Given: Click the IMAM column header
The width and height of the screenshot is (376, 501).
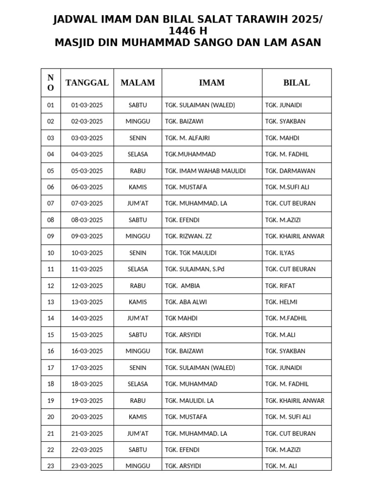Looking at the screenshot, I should point(211,83).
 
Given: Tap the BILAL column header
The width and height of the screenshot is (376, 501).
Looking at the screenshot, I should point(296,83).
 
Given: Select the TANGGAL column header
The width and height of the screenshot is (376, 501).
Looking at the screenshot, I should point(87,83).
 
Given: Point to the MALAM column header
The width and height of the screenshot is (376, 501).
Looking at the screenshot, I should point(138,83).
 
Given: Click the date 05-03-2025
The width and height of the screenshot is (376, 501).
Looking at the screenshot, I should point(87,171).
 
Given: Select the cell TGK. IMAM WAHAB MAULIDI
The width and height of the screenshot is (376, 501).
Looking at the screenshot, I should point(205,171).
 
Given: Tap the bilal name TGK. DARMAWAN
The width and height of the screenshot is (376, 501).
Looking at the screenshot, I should point(290,171).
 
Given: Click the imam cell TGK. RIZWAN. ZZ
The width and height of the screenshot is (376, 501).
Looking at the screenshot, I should point(188,236).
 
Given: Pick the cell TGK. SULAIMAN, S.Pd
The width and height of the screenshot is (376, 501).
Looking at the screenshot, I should point(194,269).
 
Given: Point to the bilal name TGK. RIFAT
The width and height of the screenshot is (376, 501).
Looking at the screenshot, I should point(280,286).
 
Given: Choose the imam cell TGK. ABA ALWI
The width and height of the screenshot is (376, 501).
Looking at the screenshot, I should point(186,302).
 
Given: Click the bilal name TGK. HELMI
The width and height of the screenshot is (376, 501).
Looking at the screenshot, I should point(281,302).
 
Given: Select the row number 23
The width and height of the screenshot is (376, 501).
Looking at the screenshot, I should point(50,466).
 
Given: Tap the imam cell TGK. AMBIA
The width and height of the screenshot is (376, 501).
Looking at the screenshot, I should point(183,286).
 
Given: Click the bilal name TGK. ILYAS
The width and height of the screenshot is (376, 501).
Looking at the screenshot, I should point(280,253).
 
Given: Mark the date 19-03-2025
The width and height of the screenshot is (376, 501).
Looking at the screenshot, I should point(87,400).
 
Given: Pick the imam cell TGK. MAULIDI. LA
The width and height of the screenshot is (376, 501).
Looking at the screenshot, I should point(189,400).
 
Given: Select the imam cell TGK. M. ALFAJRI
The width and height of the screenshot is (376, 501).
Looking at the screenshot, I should point(188,138).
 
